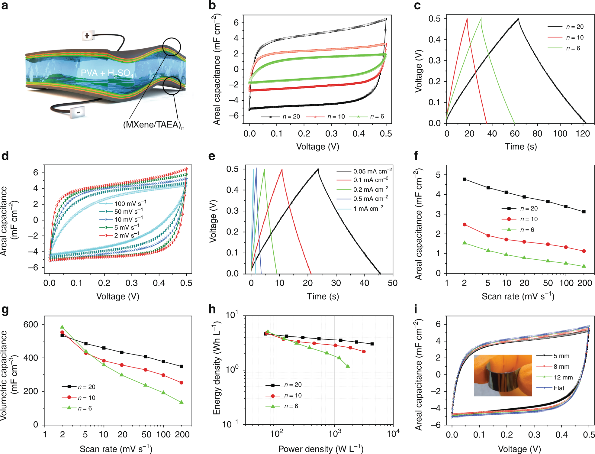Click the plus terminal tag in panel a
click(87, 36)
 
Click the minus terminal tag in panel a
click(78, 112)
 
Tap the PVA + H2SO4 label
click(107, 73)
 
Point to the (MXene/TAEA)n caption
click(153, 125)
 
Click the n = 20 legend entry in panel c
click(574, 27)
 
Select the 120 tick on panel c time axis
click(583, 134)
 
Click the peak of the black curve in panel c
click(518, 19)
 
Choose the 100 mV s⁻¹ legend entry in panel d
click(130, 203)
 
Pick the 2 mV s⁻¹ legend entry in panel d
click(127, 235)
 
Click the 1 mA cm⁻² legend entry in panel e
click(368, 209)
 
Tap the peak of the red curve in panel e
click(282, 169)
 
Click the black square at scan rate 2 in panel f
click(465, 179)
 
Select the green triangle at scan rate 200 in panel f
click(584, 266)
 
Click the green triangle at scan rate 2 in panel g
click(62, 327)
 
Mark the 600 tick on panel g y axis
click(31, 324)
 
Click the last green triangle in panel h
click(348, 366)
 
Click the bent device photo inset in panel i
click(503, 375)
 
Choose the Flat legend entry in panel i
click(559, 388)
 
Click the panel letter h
click(212, 309)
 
